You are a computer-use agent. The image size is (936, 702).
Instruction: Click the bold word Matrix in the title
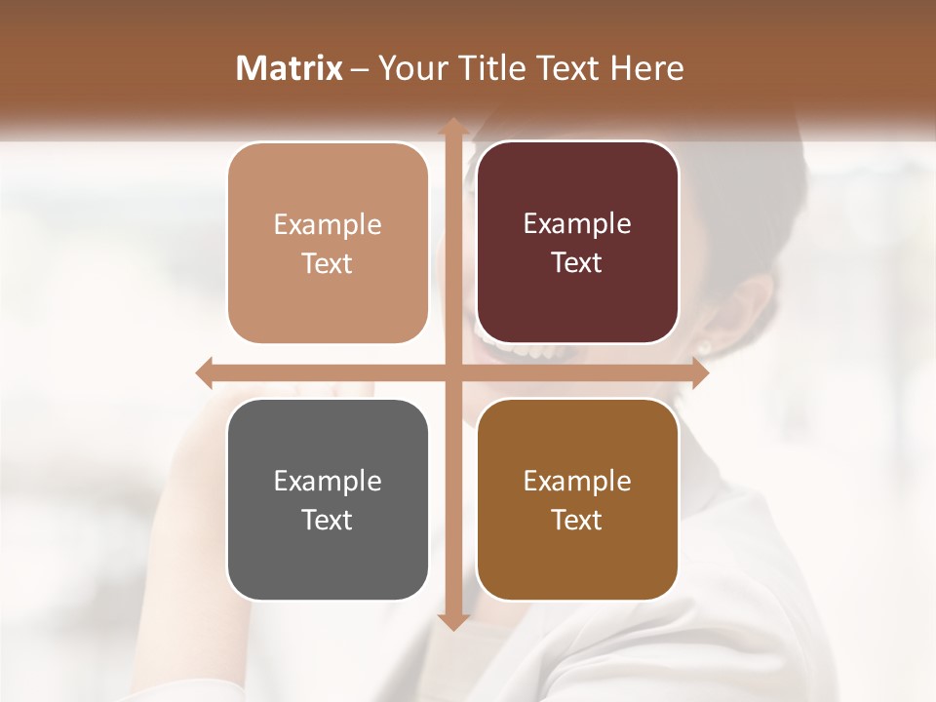pyautogui.click(x=290, y=67)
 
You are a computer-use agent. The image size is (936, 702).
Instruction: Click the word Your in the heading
pyautogui.click(x=409, y=67)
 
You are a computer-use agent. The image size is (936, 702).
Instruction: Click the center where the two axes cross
pyautogui.click(x=452, y=372)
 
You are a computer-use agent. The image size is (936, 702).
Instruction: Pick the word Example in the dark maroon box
pyautogui.click(x=577, y=223)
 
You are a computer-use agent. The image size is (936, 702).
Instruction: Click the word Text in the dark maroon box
pyautogui.click(x=577, y=262)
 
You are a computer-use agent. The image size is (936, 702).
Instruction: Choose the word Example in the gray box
pyautogui.click(x=328, y=481)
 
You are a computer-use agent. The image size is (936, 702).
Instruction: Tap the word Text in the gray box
pyautogui.click(x=328, y=520)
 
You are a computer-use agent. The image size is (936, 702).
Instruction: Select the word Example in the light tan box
pyautogui.click(x=328, y=224)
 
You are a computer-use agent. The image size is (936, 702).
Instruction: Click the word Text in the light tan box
pyautogui.click(x=328, y=263)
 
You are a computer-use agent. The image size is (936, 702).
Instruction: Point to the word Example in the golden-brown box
pyautogui.click(x=577, y=481)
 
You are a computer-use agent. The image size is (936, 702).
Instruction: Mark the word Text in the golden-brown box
pyautogui.click(x=577, y=520)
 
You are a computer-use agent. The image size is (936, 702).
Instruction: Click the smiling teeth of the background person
pyautogui.click(x=517, y=347)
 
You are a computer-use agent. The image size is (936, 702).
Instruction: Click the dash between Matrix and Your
pyautogui.click(x=360, y=68)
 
